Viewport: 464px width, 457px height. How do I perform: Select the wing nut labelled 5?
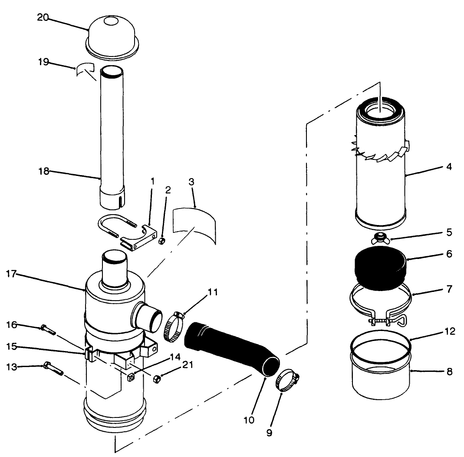(x=381, y=238)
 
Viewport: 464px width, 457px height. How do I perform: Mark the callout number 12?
(x=450, y=331)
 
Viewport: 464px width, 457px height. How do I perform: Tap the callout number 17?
(x=11, y=274)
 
